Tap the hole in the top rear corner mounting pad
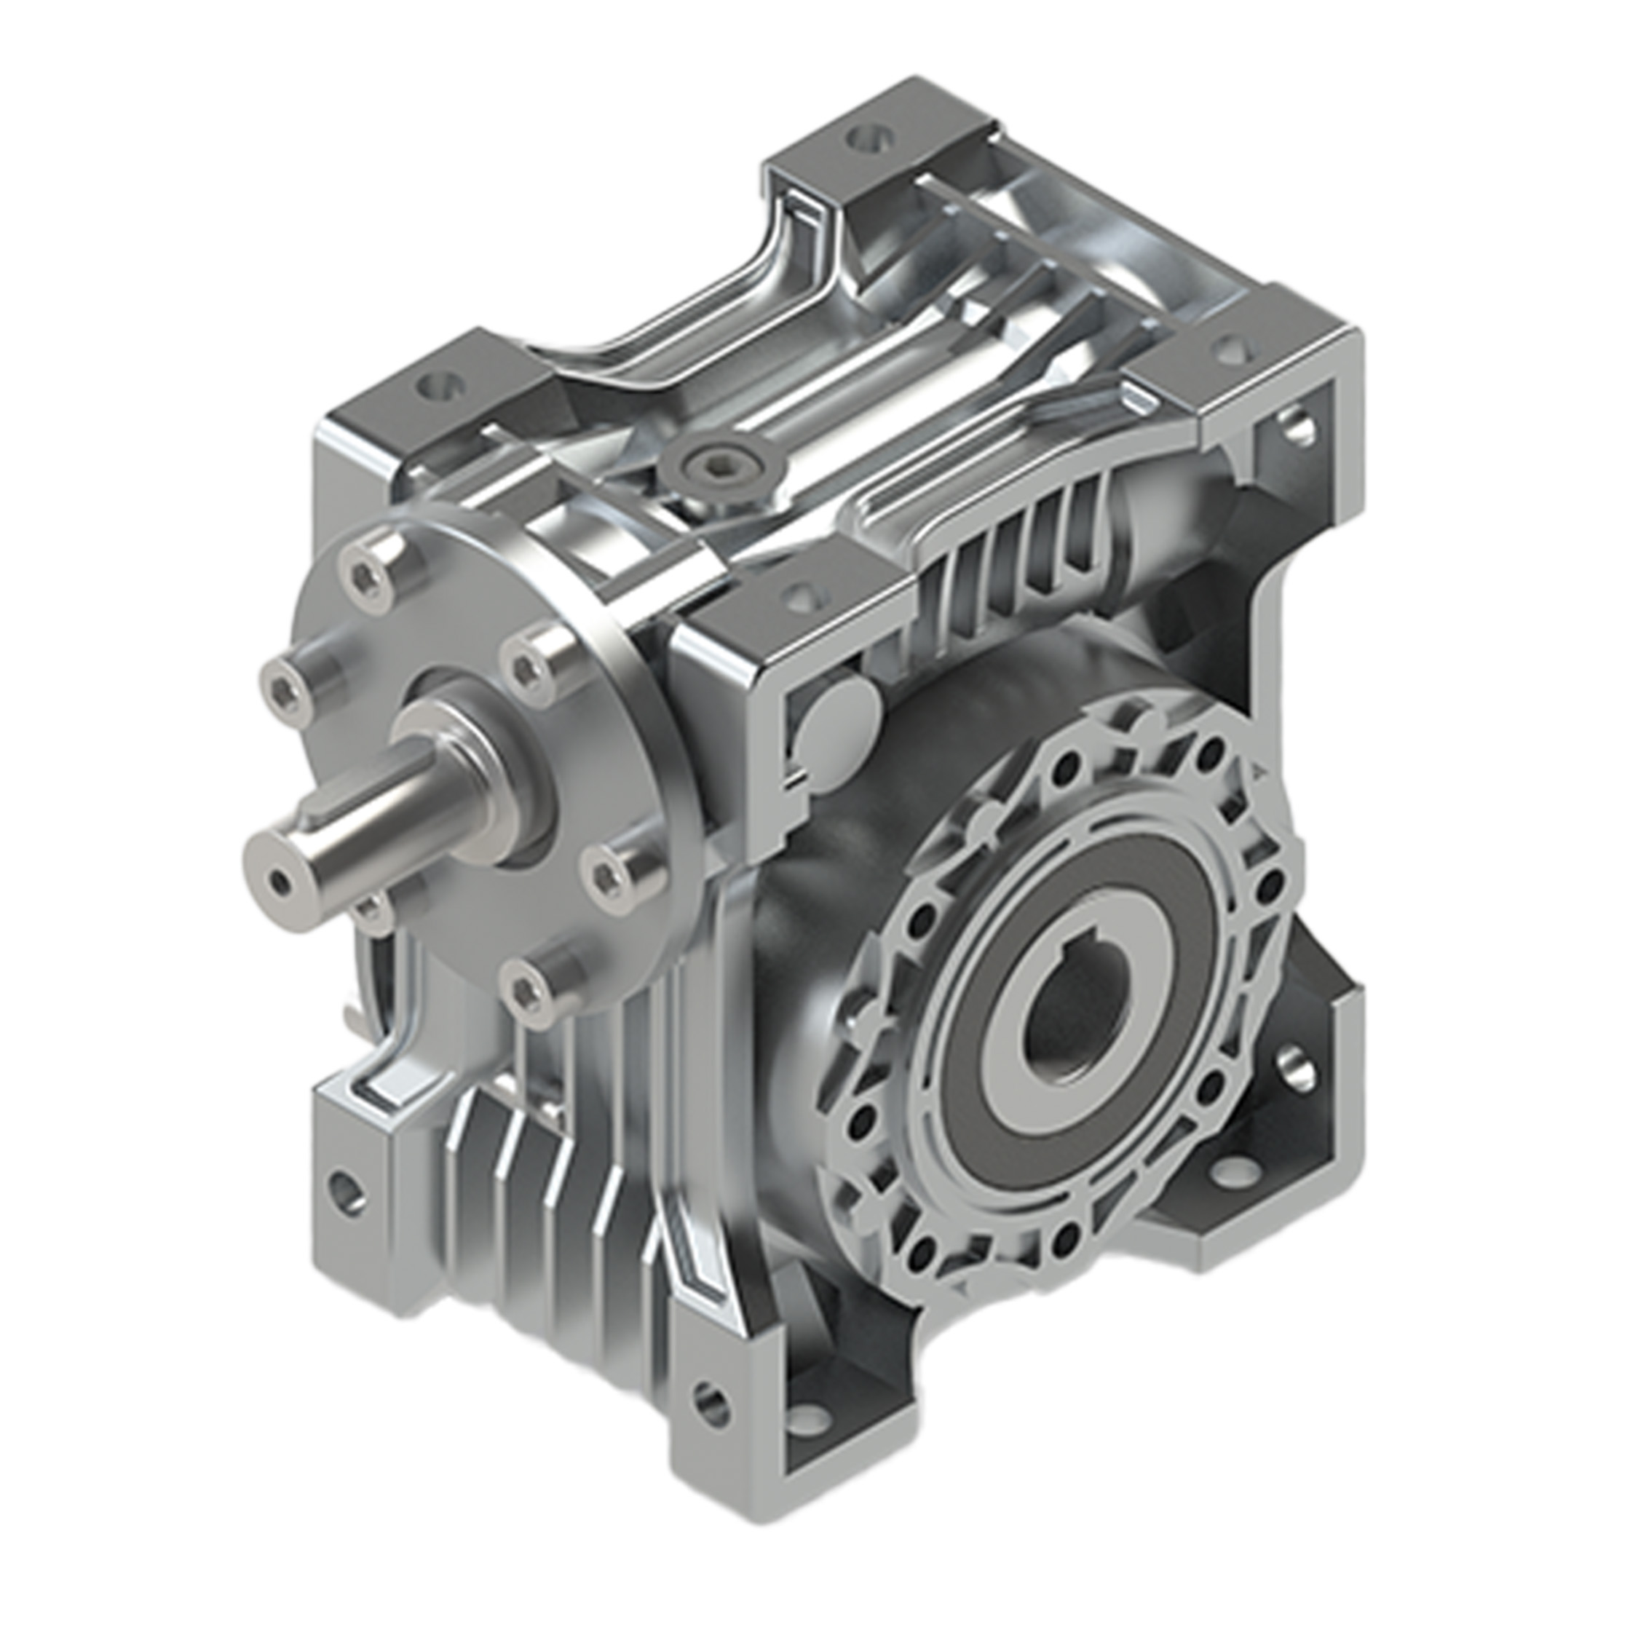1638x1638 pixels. coord(866,137)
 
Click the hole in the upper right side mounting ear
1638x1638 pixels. coord(1297,427)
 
